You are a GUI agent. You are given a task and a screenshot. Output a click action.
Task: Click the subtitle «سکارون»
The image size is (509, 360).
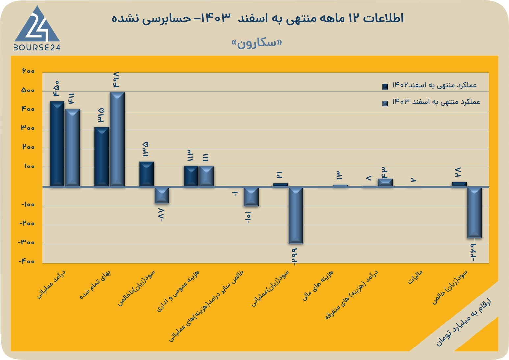[257, 43]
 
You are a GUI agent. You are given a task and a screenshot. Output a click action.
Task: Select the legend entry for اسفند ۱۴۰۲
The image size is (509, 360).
[430, 86]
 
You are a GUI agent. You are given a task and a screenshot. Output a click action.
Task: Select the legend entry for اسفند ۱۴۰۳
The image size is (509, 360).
[431, 102]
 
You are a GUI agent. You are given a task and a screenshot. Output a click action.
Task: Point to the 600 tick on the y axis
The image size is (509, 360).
[28, 71]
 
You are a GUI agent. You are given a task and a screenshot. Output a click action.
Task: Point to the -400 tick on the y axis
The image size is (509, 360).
[27, 261]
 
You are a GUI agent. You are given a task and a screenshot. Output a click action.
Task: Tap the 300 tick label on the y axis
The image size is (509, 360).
[28, 128]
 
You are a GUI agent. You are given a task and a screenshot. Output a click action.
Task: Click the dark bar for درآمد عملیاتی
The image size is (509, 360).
[57, 144]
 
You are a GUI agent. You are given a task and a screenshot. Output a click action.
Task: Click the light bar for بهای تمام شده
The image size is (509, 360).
[117, 140]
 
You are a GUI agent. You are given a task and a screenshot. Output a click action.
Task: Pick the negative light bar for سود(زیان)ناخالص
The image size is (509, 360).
[162, 195]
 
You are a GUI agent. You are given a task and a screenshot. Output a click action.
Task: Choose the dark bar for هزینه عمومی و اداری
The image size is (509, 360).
[191, 176]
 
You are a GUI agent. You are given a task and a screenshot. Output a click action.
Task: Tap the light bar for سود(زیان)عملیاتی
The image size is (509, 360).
[296, 216]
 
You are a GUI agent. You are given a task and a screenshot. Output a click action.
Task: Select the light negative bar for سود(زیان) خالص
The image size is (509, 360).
[474, 213]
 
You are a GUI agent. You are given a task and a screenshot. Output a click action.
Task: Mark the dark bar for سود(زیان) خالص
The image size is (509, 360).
[459, 184]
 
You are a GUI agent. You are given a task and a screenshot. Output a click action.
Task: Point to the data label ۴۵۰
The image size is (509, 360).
[56, 89]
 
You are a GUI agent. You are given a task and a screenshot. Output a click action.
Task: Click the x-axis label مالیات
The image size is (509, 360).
[415, 277]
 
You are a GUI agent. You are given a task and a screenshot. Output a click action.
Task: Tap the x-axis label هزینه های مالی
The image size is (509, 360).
[318, 286]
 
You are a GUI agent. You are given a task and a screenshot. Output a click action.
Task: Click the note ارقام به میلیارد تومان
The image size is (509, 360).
[464, 323]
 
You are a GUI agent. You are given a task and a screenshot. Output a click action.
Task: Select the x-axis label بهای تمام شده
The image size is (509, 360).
[95, 285]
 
